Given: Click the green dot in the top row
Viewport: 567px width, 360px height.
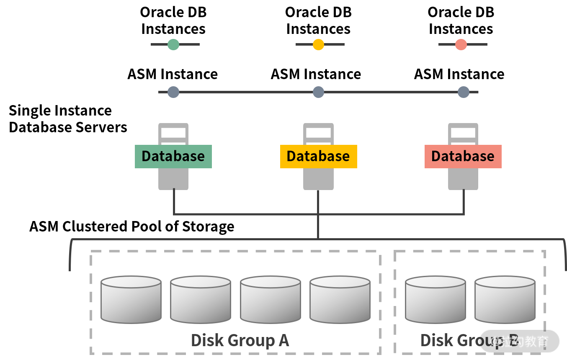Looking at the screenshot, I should (x=173, y=44).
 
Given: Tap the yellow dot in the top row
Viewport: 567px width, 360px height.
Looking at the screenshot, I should (x=318, y=44).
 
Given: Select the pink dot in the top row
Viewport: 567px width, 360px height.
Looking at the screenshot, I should (x=461, y=44).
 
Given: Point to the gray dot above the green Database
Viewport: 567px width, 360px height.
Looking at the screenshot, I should (x=173, y=92).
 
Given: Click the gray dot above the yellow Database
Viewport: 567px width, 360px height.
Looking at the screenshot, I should (x=318, y=92).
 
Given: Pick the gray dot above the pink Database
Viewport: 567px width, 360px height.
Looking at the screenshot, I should (x=463, y=92).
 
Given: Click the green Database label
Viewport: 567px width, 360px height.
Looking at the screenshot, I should (x=173, y=157).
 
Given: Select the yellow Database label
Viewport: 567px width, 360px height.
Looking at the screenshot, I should (x=318, y=157).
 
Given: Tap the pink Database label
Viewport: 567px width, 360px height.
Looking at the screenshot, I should (x=463, y=157).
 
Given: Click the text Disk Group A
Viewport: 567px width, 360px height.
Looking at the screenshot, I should (x=240, y=340).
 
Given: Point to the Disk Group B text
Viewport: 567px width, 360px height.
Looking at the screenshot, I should (x=454, y=340).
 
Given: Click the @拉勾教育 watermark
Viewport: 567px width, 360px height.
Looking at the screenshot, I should (x=520, y=342).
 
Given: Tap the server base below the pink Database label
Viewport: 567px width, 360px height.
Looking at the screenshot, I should (x=463, y=179).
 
